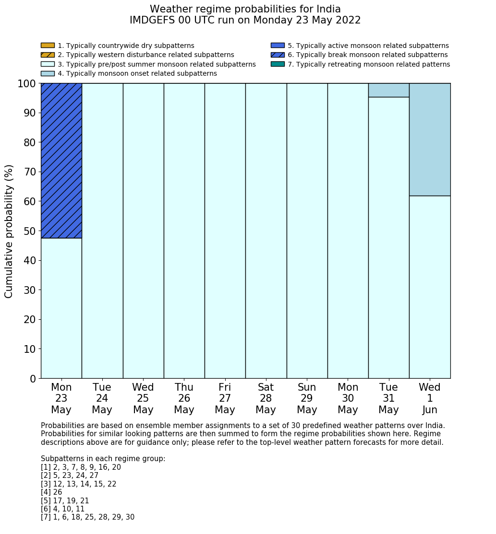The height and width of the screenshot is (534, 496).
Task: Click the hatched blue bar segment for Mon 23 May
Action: click(61, 160)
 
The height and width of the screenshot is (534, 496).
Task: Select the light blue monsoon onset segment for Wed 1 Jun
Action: click(430, 139)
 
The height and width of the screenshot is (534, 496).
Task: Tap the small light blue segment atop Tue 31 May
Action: click(388, 90)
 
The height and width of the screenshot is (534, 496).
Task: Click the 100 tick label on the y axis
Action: click(27, 84)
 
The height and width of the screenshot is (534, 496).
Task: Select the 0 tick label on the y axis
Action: click(33, 379)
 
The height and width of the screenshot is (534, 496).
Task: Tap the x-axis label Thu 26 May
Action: click(184, 398)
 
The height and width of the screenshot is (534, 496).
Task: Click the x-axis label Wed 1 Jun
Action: click(430, 398)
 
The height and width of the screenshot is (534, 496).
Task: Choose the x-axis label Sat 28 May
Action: click(266, 398)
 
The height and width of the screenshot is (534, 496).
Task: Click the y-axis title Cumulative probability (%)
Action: click(9, 231)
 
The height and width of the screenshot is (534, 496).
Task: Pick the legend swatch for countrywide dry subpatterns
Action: click(48, 46)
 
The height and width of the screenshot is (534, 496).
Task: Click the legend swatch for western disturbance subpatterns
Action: click(48, 55)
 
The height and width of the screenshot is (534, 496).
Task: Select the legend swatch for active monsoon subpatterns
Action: click(278, 46)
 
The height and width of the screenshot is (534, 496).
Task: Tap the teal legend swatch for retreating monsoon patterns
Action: click(278, 64)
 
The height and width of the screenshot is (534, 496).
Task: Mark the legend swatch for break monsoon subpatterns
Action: click(278, 55)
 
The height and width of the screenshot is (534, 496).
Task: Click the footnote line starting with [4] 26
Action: click(51, 492)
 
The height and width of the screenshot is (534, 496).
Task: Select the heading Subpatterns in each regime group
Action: click(103, 459)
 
